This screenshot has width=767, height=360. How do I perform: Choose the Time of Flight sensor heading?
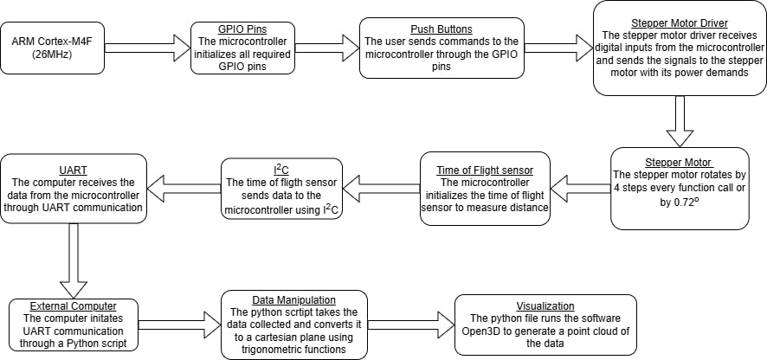point(485,170)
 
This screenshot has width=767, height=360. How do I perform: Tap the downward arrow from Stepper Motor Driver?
point(680,120)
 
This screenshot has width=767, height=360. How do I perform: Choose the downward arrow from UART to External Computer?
point(74,259)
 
